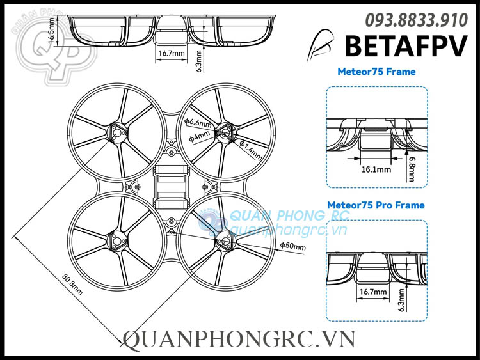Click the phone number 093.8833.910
tap(416, 20)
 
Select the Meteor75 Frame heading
tap(376, 72)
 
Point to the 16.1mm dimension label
tap(376, 169)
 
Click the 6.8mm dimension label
tap(413, 169)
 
